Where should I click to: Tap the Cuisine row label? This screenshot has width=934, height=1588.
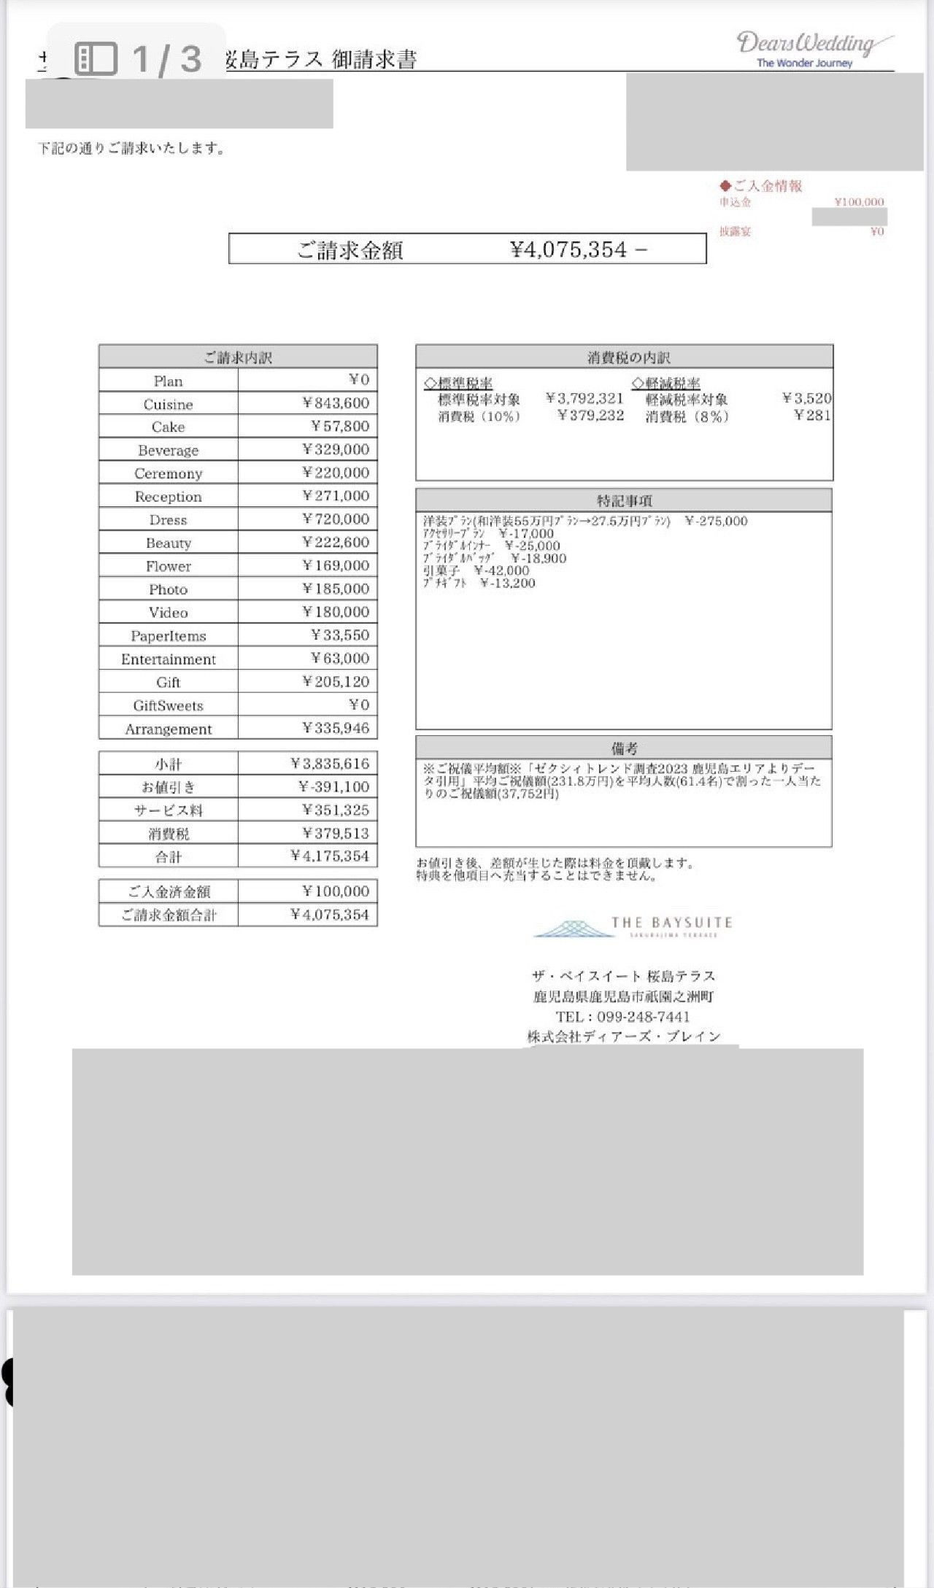pyautogui.click(x=168, y=404)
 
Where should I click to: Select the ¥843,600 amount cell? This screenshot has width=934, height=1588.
pyautogui.click(x=336, y=403)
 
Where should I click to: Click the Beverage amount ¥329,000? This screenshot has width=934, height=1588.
pyautogui.click(x=336, y=449)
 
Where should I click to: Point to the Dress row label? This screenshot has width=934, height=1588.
pyautogui.click(x=168, y=520)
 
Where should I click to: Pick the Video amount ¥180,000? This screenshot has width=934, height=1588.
pyautogui.click(x=336, y=612)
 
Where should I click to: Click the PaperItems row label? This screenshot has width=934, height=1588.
pyautogui.click(x=168, y=636)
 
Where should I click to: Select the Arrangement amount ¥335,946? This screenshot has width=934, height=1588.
pyautogui.click(x=336, y=728)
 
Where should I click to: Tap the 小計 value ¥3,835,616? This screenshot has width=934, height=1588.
pyautogui.click(x=330, y=764)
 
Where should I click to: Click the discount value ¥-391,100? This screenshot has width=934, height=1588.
pyautogui.click(x=333, y=787)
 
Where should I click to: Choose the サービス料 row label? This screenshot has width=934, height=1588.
pyautogui.click(x=168, y=810)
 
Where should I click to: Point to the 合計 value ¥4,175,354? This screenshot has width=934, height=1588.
pyautogui.click(x=330, y=856)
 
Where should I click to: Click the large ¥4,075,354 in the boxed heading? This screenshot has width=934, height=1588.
pyautogui.click(x=569, y=250)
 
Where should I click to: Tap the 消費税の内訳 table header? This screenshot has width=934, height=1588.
pyautogui.click(x=624, y=357)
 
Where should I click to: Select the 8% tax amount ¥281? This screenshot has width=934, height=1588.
pyautogui.click(x=812, y=416)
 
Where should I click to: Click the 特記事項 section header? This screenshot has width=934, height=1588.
pyautogui.click(x=624, y=500)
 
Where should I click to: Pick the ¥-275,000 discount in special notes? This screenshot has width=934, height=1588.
pyautogui.click(x=717, y=521)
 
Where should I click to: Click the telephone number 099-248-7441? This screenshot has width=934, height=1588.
pyautogui.click(x=643, y=1017)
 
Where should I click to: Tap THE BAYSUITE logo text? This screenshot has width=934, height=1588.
pyautogui.click(x=671, y=923)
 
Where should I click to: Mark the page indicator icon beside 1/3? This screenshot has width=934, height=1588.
pyautogui.click(x=96, y=58)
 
